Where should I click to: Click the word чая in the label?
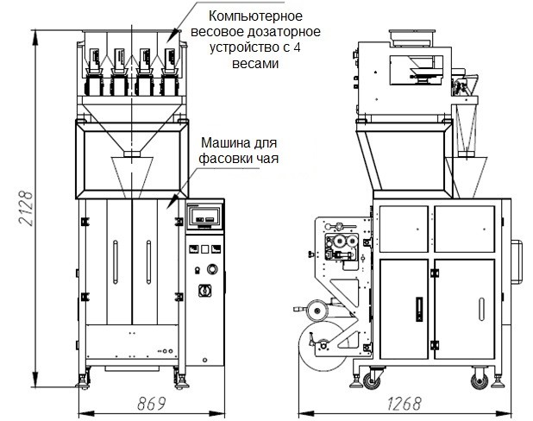[267, 158]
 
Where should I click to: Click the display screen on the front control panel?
[204, 216]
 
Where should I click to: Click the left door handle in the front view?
[115, 260]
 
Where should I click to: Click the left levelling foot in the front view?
[85, 377]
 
